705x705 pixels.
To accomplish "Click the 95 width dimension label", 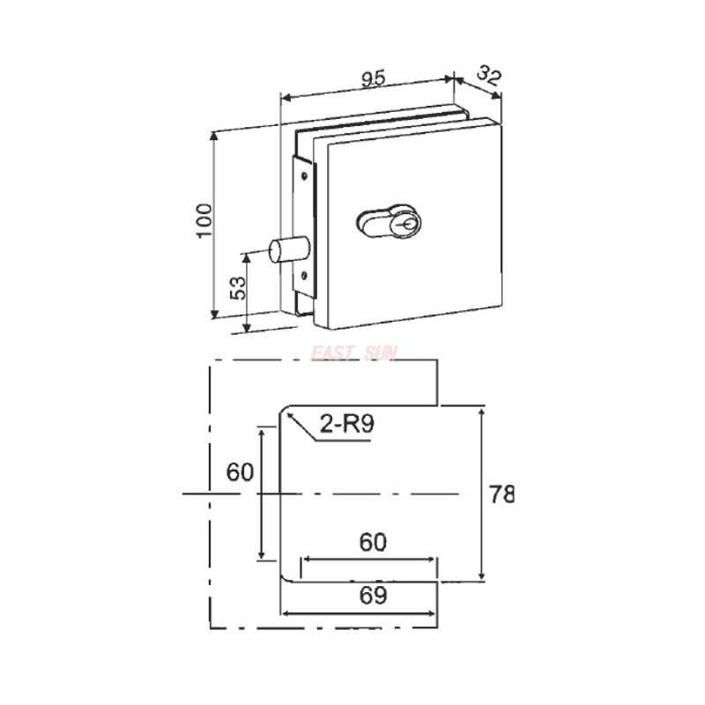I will tap(373, 78).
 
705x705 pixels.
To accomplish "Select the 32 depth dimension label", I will tap(488, 75).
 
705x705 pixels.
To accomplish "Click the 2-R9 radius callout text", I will tap(347, 424).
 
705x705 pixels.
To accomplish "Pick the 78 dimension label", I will tap(501, 493).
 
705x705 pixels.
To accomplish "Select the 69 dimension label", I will tap(373, 596).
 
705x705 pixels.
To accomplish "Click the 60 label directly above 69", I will tap(373, 542).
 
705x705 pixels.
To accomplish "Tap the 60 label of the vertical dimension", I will tap(240, 471).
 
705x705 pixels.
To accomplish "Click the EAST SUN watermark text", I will tap(355, 353).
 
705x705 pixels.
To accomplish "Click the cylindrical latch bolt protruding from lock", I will tap(284, 249).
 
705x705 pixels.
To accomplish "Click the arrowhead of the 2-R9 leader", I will tap(289, 415).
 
